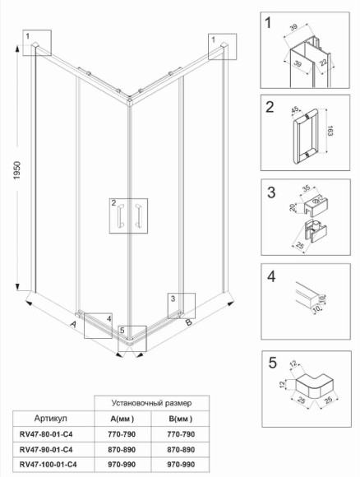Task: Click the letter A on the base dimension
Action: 73,326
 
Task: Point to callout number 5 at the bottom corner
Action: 122,331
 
